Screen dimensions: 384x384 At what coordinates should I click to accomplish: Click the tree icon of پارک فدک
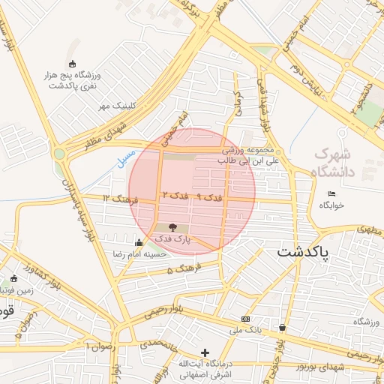pos(174,226)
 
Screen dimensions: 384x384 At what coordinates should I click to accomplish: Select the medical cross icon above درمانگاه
pos(205,352)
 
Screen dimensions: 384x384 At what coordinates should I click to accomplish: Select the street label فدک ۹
pos(209,196)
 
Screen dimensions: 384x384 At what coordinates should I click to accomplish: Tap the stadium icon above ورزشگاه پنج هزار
pos(72,64)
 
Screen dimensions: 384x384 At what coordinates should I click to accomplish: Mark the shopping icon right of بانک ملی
pos(282,327)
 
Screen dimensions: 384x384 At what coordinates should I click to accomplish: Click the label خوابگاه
pos(332,205)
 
